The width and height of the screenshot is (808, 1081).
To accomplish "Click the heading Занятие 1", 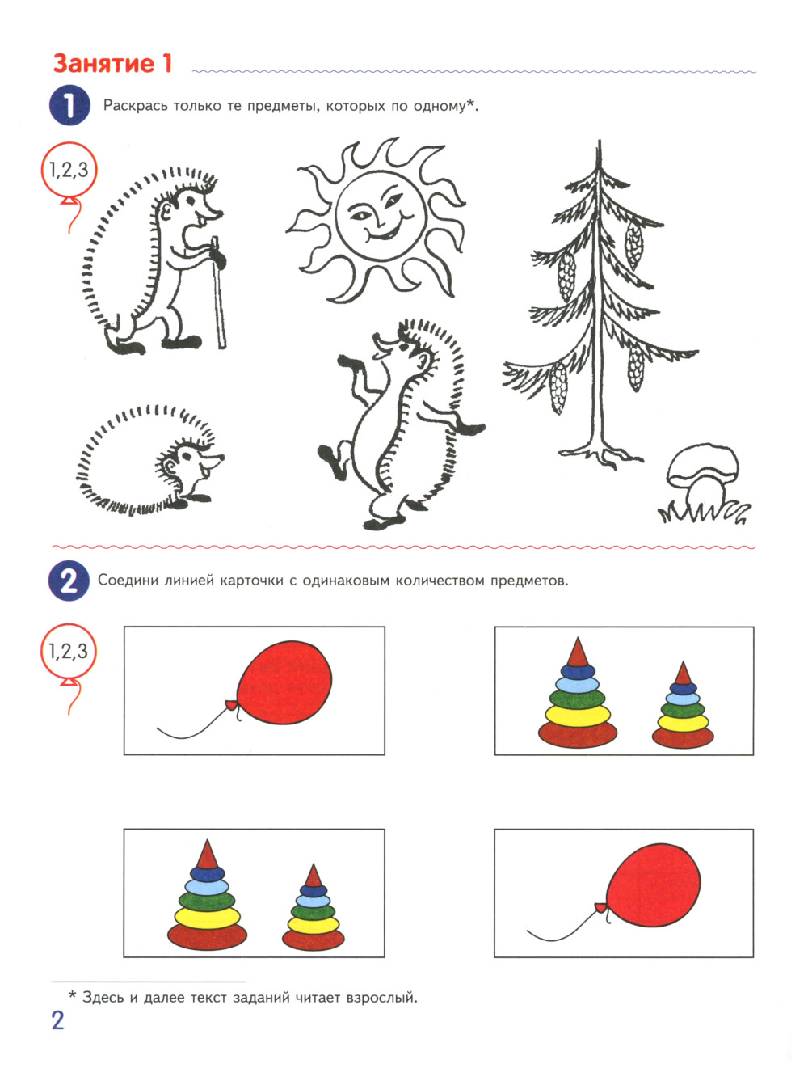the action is [x=113, y=64].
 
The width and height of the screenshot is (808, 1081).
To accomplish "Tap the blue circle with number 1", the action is [x=69, y=105].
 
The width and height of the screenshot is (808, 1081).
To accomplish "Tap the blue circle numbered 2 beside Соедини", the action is [x=69, y=581].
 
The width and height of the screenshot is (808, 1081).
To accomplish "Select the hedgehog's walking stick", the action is [x=219, y=293].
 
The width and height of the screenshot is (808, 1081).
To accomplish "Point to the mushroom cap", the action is [x=703, y=464].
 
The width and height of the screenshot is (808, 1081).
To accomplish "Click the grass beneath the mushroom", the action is [x=704, y=512].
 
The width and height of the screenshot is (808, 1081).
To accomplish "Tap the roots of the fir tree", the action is [x=601, y=455].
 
